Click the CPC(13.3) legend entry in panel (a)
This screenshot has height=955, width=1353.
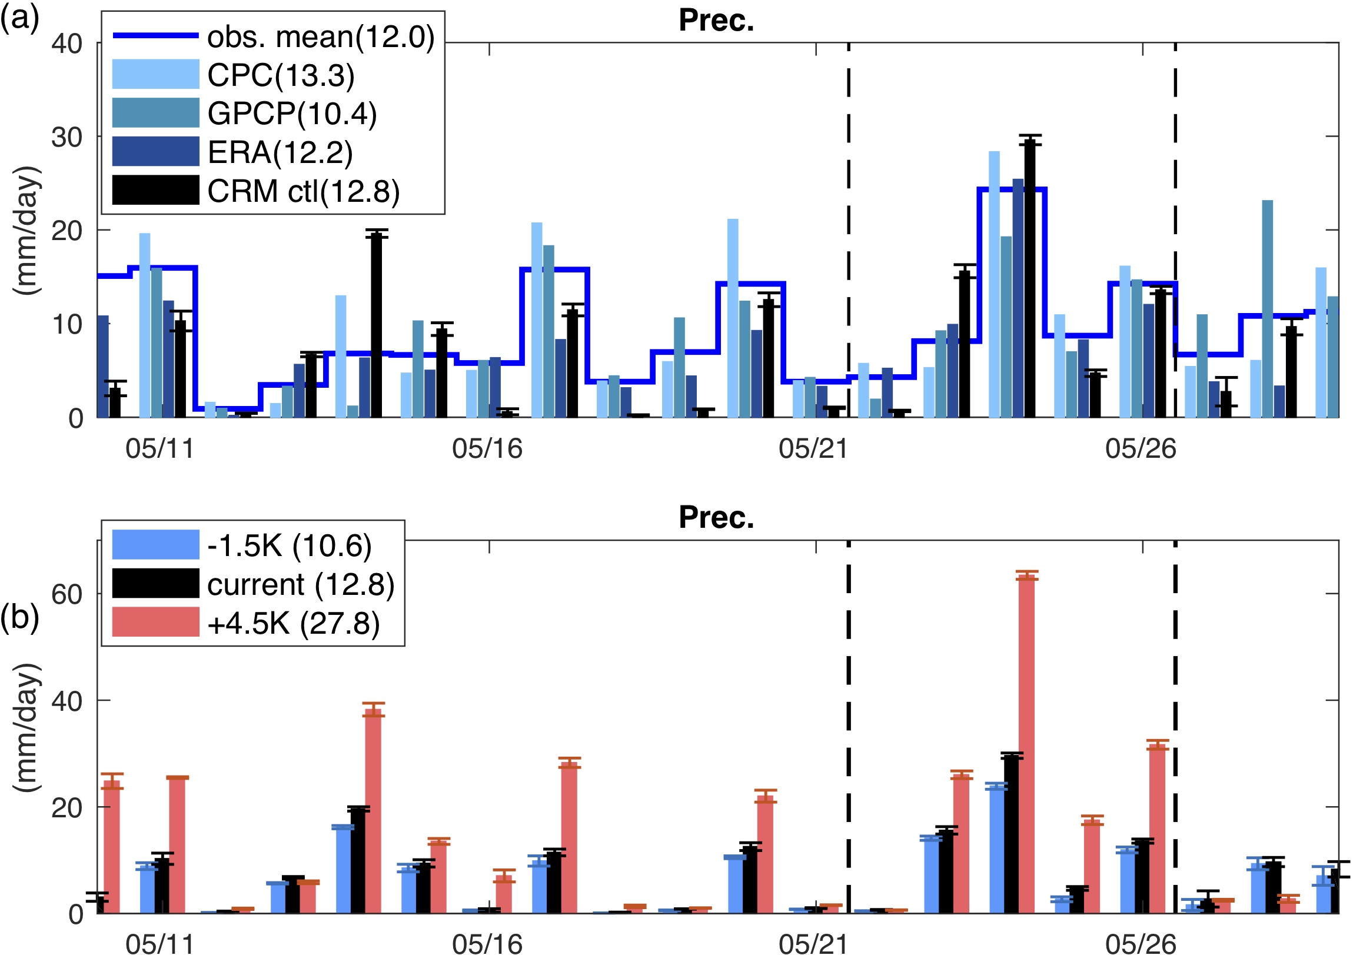[x=281, y=75]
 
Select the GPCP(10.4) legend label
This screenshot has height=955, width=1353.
[x=292, y=114]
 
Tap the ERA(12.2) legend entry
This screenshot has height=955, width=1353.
[x=280, y=152]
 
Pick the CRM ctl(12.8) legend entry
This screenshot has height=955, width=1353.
[x=303, y=191]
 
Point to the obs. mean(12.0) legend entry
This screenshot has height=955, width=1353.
[x=321, y=36]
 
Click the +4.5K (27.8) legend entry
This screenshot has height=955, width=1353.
[x=293, y=623]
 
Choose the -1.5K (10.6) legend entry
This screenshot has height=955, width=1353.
[x=289, y=545]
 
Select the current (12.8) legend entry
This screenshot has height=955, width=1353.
[x=301, y=584]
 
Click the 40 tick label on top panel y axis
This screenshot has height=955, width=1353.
[x=67, y=44]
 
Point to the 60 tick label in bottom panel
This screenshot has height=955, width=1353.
[x=67, y=594]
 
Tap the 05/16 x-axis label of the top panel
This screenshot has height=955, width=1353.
[x=487, y=449]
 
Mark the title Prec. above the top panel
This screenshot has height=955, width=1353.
[x=716, y=21]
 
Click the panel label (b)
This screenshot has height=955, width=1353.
[x=19, y=617]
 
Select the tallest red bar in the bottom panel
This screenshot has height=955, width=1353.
[x=1026, y=743]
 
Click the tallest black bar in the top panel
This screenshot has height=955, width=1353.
[x=1029, y=277]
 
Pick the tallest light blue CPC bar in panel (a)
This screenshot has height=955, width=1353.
[x=994, y=283]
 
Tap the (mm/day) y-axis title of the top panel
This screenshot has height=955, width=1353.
[x=27, y=229]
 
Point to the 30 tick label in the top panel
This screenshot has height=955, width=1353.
[x=67, y=137]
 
